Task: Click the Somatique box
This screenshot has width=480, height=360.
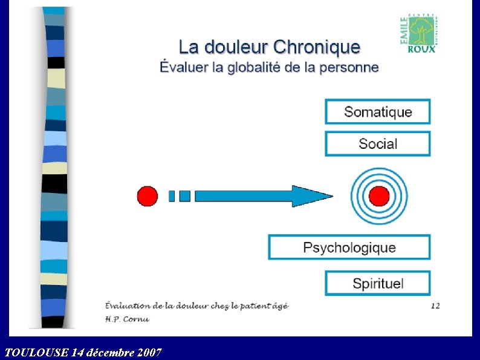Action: click(x=378, y=112)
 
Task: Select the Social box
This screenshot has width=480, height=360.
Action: click(x=378, y=144)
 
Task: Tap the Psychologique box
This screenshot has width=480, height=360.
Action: click(x=349, y=247)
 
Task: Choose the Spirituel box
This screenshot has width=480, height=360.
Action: click(x=378, y=283)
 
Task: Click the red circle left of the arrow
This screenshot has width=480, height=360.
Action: click(x=148, y=196)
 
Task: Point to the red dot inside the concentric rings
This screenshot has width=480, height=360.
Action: click(x=379, y=196)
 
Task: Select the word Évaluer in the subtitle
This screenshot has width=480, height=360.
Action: click(x=183, y=67)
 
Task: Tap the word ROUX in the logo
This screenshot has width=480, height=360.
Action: click(x=421, y=49)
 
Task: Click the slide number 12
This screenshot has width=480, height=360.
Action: click(x=435, y=306)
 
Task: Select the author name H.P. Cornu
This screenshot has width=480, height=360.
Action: click(x=126, y=318)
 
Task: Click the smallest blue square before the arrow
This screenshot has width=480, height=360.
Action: click(x=172, y=196)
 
